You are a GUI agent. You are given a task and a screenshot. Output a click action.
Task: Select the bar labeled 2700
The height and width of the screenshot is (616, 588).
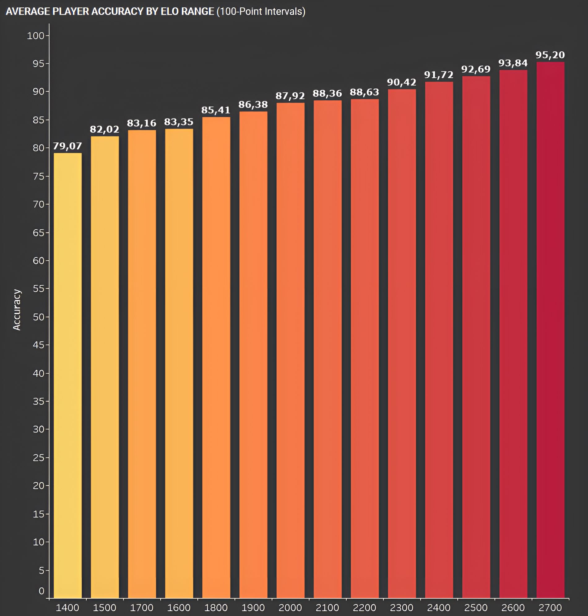[x=550, y=329]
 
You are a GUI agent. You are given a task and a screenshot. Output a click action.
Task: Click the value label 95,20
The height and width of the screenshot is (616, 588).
[x=550, y=55]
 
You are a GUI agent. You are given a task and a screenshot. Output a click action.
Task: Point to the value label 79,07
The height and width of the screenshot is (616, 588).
[x=67, y=146]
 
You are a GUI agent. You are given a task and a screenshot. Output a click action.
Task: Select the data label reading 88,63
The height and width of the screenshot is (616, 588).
[x=365, y=92]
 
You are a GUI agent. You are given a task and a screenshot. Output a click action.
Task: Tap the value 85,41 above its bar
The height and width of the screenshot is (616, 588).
[x=216, y=110]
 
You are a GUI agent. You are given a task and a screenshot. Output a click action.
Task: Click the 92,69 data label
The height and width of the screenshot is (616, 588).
[x=476, y=69]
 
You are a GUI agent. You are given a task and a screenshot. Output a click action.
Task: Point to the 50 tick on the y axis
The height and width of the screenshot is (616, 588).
[x=39, y=317]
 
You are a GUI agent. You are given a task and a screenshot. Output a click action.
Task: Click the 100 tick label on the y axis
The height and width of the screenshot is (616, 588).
[x=35, y=36]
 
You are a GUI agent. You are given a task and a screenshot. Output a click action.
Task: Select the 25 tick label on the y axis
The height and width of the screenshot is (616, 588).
[x=39, y=458]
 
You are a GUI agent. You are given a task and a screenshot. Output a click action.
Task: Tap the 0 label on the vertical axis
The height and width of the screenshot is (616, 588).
[x=41, y=591]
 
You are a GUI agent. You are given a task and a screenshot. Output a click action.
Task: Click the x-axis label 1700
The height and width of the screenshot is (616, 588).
[x=142, y=608]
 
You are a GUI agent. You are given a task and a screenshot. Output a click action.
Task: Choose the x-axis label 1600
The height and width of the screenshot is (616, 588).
[x=179, y=608]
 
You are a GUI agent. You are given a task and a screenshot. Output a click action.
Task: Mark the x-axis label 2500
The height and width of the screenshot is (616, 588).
[x=476, y=608]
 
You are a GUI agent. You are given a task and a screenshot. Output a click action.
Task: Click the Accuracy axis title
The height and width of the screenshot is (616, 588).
[x=17, y=310]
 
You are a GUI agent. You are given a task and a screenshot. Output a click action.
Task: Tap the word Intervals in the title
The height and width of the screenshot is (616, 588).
[x=283, y=11]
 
